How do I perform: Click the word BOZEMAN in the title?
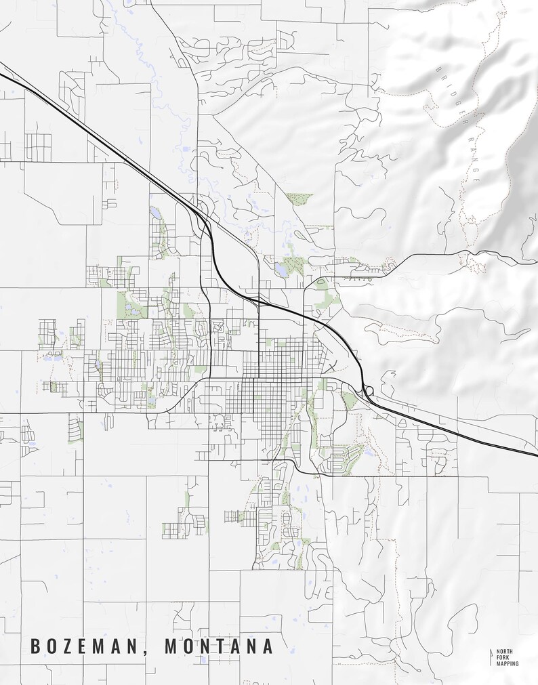(x=85, y=646)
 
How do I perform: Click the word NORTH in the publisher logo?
(x=505, y=650)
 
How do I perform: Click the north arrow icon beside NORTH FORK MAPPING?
(x=491, y=657)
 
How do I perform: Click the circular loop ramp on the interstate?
(x=368, y=391)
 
